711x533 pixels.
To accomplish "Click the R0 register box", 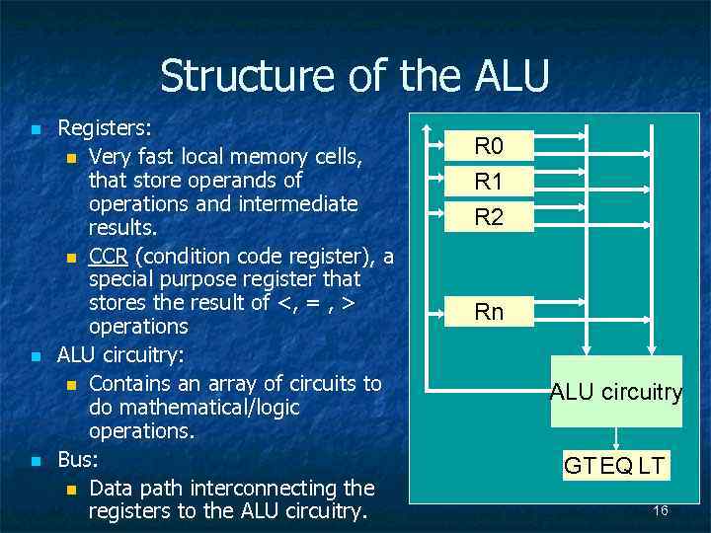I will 489,148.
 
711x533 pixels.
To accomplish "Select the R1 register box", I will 489,182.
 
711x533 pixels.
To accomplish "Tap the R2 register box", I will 489,216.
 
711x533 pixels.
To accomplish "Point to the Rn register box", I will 489,312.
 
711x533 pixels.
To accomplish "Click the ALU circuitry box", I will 616,392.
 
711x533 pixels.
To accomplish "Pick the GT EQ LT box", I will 614,465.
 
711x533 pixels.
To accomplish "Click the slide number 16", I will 661,510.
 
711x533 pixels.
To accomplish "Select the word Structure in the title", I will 236,76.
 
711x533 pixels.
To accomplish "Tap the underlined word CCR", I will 108,257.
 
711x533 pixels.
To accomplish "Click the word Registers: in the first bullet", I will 105,127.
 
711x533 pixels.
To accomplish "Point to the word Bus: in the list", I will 79,459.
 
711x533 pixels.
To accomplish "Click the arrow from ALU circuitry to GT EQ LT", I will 616,437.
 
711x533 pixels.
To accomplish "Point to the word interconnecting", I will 260,488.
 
